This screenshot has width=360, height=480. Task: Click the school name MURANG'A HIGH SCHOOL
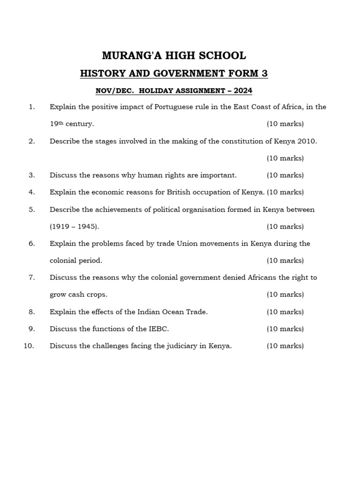point(174,56)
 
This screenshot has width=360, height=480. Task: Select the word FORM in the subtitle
point(238,74)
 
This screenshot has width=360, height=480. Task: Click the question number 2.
point(31,141)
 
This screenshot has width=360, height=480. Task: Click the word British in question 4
point(180,192)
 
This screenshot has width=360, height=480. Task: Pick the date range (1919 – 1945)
point(75,226)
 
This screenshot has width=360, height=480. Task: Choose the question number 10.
point(29,346)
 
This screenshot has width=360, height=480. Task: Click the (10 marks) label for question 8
point(285,312)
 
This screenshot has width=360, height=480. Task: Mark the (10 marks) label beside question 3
point(285,175)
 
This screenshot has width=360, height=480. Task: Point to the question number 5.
point(31,210)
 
